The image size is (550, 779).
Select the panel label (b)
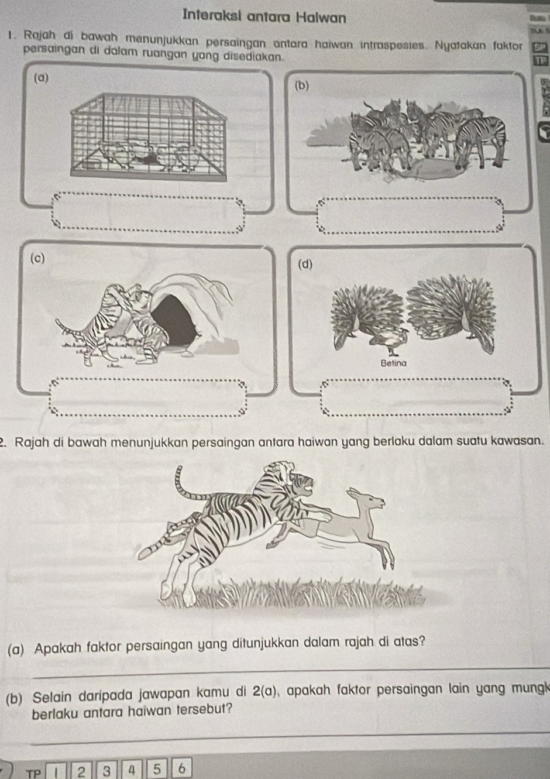(x=301, y=86)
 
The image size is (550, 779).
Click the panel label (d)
(x=305, y=265)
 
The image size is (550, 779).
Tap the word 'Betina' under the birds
(x=393, y=363)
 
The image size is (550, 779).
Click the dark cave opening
(x=174, y=321)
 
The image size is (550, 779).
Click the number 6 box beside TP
(x=181, y=768)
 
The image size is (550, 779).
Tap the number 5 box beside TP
(x=156, y=768)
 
